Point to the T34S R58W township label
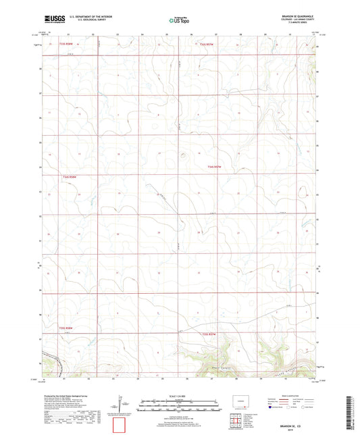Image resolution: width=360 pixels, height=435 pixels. tap(71, 177)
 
